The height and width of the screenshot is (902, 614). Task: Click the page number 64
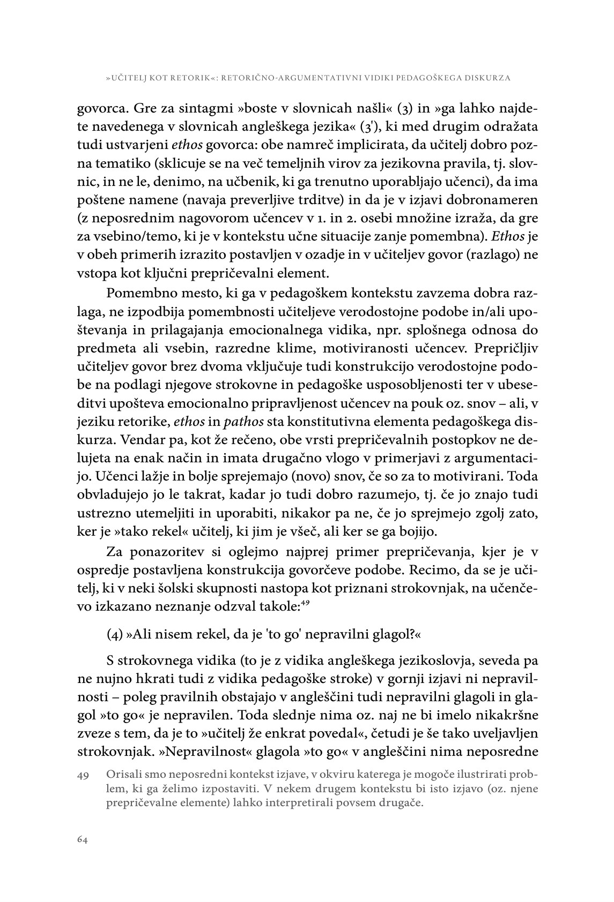coord(82,839)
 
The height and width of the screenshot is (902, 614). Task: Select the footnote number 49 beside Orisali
coord(83,776)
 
